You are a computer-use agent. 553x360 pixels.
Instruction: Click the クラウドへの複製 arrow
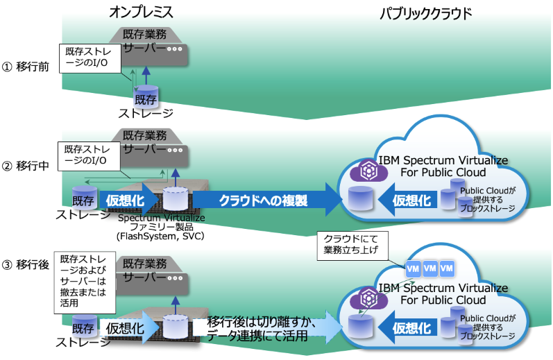(264, 200)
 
